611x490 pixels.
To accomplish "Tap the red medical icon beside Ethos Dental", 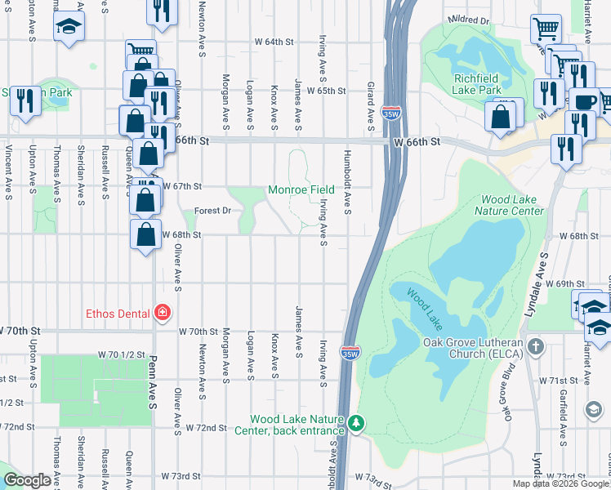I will click(x=162, y=313).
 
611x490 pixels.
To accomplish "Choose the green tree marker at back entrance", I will click(x=355, y=422).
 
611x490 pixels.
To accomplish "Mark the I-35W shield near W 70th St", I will click(x=350, y=354).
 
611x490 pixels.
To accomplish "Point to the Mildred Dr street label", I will click(x=469, y=20).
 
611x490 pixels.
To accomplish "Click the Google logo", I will click(x=26, y=480).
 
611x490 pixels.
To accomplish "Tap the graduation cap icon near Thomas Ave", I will click(x=69, y=27).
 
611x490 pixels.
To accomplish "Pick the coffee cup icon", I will click(x=585, y=101).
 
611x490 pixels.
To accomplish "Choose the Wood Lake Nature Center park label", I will click(x=512, y=205).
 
